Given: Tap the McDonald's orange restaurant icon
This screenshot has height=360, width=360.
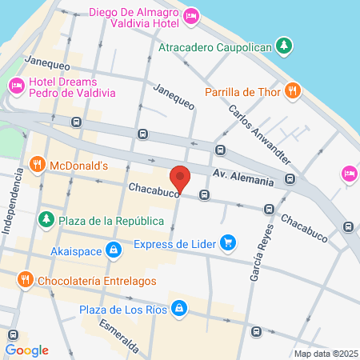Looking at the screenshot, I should tap(36, 165).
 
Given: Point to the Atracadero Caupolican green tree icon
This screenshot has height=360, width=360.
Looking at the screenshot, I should tap(282, 46).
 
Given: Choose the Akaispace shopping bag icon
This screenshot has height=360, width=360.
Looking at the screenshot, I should tap(114, 250).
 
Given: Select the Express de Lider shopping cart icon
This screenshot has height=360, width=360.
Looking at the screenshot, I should tap(228, 243).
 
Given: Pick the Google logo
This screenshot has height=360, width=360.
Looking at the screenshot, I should tap(27, 350).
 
